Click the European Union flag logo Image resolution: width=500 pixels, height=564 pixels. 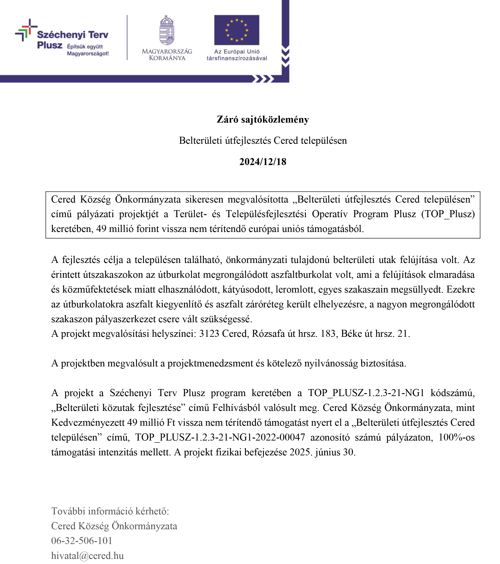click(236, 30)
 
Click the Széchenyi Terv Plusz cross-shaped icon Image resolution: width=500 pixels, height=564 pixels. click(26, 30)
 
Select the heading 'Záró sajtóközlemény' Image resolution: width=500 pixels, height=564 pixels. click(262, 119)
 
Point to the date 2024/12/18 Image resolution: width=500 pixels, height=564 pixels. click(262, 162)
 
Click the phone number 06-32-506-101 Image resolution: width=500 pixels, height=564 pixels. click(82, 541)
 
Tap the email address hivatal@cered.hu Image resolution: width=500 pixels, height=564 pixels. click(87, 555)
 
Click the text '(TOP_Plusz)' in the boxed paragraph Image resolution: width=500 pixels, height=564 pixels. click(448, 214)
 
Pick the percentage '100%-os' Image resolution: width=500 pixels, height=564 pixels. click(456, 437)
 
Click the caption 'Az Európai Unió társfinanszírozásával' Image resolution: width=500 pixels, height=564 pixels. click(237, 55)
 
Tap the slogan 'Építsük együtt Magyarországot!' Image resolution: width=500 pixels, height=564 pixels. click(88, 50)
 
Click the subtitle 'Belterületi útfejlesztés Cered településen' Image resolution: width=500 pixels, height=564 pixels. click(262, 141)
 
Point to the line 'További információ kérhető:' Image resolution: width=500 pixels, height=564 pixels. click(110, 511)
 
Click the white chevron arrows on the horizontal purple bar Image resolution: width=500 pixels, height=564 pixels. click(263, 79)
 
